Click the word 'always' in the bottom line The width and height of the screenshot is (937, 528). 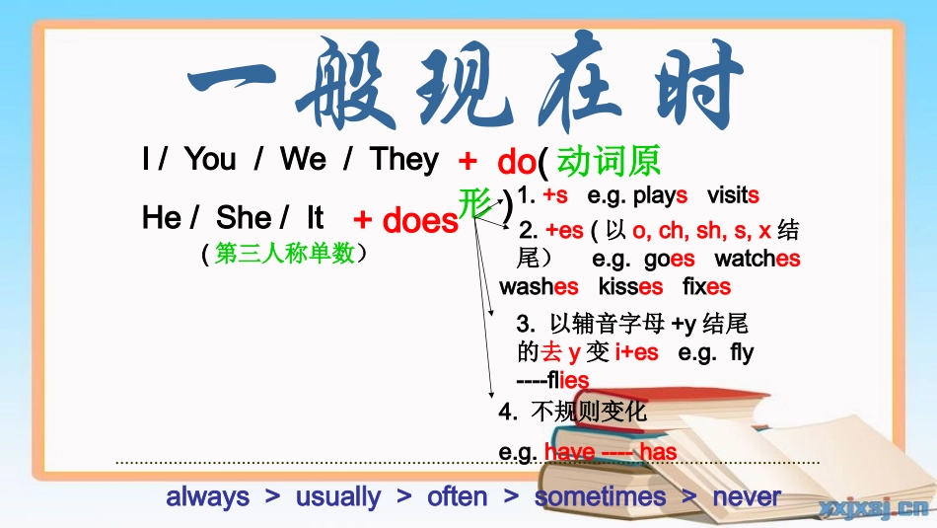click(x=207, y=496)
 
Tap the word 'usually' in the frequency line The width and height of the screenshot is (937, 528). click(x=337, y=496)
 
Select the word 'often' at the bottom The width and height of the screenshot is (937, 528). click(x=457, y=496)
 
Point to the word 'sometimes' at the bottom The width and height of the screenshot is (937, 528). click(x=600, y=496)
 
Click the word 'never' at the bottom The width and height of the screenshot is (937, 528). click(x=747, y=496)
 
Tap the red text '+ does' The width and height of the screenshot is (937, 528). click(x=406, y=220)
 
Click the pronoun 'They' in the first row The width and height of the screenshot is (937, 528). click(x=404, y=159)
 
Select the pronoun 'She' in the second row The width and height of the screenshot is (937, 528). click(x=244, y=217)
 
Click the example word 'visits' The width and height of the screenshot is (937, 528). click(x=733, y=195)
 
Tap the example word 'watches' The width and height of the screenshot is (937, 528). click(x=757, y=260)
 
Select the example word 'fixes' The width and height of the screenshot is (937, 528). click(x=706, y=287)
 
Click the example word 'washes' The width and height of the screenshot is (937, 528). click(x=539, y=287)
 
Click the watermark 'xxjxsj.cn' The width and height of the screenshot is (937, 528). click(x=873, y=508)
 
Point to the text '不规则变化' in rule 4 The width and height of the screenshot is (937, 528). click(x=589, y=412)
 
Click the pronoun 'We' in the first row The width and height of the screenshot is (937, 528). click(x=303, y=159)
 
